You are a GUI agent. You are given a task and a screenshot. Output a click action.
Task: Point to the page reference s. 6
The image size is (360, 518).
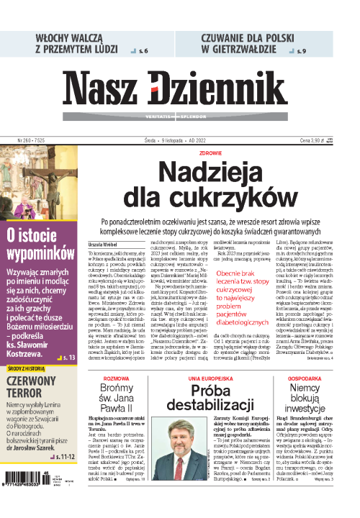[143, 51]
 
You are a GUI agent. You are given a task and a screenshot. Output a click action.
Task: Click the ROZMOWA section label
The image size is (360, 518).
[116, 358]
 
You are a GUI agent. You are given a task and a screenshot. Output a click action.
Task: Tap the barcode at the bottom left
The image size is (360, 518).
[29, 497]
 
